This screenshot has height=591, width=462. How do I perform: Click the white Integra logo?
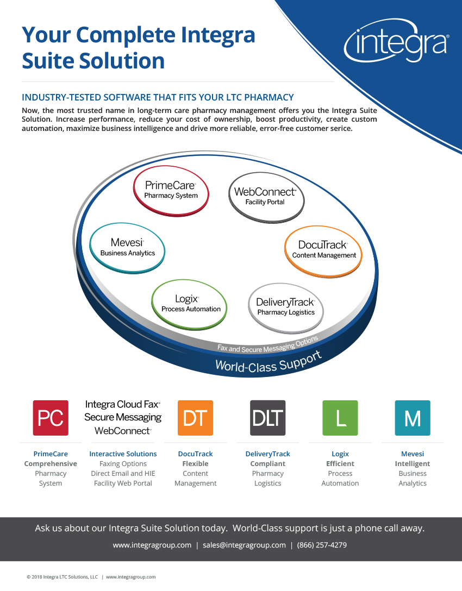[396, 41]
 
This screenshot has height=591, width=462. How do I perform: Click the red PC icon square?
[51, 418]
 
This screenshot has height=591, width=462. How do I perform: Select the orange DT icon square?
[195, 418]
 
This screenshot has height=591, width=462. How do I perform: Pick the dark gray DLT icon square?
[268, 418]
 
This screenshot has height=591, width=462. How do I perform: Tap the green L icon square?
[340, 418]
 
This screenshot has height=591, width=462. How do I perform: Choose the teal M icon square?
[413, 418]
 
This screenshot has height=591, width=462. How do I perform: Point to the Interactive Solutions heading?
[123, 454]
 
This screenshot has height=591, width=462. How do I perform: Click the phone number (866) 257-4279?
[322, 545]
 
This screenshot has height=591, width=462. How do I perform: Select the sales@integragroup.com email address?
[244, 545]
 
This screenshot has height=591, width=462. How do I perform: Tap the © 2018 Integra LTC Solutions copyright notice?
[62, 577]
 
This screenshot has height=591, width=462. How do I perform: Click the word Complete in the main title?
[126, 36]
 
